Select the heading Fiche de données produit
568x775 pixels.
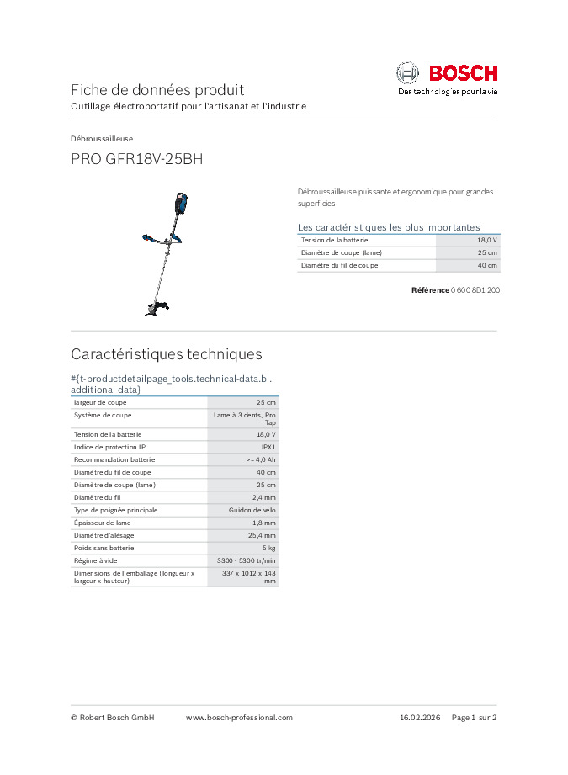[157, 89]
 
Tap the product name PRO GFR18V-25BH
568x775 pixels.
[136, 158]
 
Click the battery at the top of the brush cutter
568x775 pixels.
[182, 203]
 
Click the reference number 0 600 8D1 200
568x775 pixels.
[475, 289]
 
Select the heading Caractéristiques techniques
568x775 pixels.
[167, 354]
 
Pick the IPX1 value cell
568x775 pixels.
[268, 447]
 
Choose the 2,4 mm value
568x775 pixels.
[264, 497]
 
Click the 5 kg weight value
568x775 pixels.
[269, 548]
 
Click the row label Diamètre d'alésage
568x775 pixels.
[104, 535]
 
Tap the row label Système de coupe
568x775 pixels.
[103, 415]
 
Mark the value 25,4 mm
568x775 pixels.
[263, 535]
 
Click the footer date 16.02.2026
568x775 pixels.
[420, 718]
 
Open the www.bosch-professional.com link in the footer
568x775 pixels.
[239, 718]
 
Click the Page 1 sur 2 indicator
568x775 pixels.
[475, 718]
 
